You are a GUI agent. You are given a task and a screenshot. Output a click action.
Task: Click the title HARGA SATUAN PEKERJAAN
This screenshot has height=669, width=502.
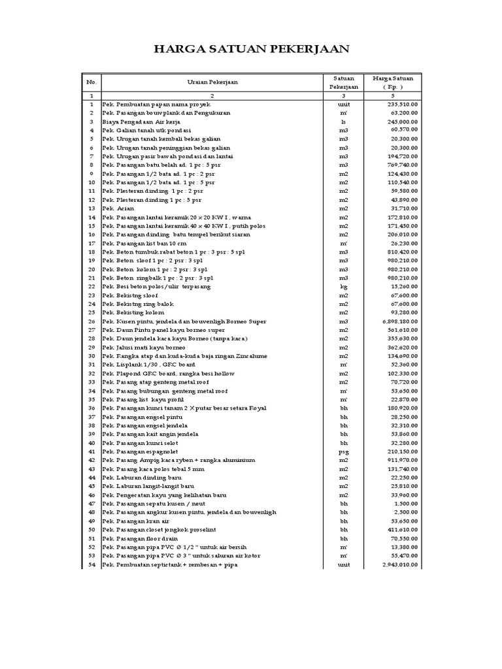click(251, 50)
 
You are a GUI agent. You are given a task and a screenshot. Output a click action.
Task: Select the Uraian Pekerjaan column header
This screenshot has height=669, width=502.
click(212, 82)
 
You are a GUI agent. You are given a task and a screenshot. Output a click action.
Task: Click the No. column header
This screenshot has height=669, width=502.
click(92, 82)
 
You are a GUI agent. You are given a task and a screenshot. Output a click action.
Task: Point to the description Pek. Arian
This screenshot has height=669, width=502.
click(118, 208)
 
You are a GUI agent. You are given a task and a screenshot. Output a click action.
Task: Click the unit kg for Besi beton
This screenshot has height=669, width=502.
click(344, 286)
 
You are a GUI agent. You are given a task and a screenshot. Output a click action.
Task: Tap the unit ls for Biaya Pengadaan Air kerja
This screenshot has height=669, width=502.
click(344, 122)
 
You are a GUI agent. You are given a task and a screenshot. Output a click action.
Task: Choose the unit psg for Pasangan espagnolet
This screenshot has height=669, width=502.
click(344, 451)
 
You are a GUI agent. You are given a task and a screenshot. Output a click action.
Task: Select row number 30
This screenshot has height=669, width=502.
click(92, 356)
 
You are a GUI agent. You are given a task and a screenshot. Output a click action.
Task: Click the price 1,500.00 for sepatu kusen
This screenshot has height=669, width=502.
click(406, 504)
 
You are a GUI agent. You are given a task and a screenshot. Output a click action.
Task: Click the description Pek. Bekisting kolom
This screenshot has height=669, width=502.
click(133, 312)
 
